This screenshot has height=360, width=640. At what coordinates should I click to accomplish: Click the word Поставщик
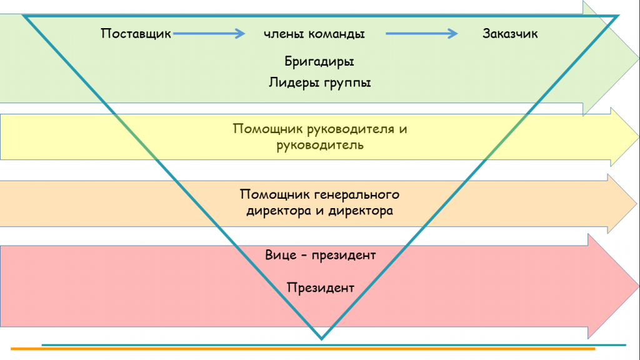(x=136, y=34)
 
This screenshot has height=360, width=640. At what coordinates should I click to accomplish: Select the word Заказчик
(x=510, y=34)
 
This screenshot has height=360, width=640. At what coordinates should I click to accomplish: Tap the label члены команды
(x=314, y=34)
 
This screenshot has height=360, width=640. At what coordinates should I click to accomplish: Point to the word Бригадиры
(x=319, y=62)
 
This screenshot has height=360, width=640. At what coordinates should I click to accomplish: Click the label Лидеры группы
(x=319, y=83)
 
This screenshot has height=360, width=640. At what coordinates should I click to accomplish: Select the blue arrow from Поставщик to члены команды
(x=209, y=34)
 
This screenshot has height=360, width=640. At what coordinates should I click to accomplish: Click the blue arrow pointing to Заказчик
(x=422, y=34)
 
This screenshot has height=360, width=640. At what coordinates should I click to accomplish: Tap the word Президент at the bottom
(x=321, y=287)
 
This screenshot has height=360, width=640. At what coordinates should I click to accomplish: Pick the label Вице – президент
(x=321, y=255)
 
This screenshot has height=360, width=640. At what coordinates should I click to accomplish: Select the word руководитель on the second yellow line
(x=319, y=145)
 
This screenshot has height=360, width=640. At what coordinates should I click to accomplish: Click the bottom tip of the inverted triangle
(x=321, y=339)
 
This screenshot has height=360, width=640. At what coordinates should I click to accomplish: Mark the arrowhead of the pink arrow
(x=614, y=286)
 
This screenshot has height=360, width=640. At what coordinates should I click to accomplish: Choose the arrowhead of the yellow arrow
(x=625, y=137)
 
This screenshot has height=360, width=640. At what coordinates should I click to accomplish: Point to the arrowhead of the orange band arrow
(x=622, y=204)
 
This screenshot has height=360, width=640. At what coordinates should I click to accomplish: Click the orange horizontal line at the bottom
(x=303, y=349)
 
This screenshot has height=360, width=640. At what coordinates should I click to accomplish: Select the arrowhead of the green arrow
(x=611, y=58)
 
